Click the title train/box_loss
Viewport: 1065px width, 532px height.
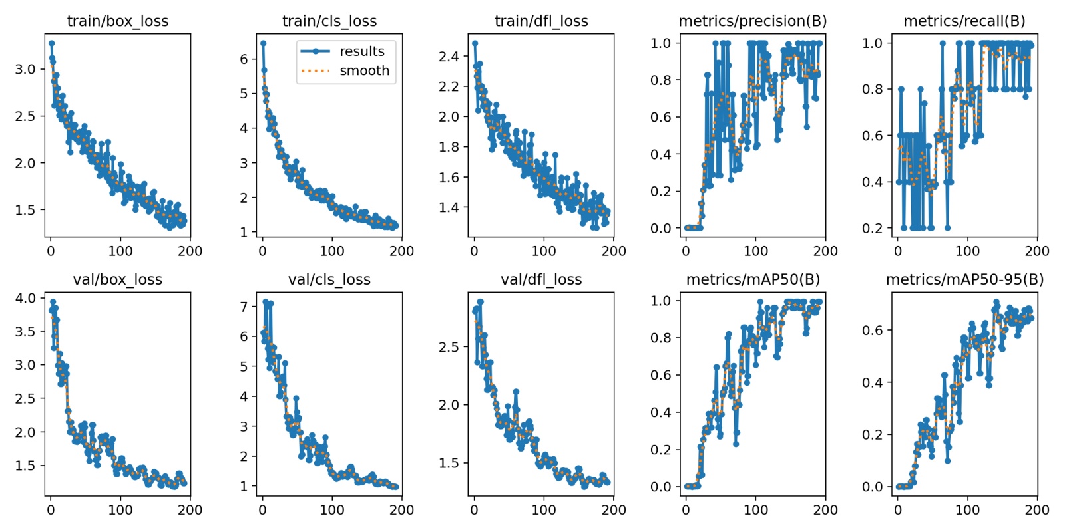coord(118,21)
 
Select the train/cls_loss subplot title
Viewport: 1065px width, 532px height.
coord(329,21)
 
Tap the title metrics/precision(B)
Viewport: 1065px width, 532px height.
coord(753,21)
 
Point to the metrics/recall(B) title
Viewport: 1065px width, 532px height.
coord(964,21)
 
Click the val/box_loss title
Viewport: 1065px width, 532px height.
coord(118,280)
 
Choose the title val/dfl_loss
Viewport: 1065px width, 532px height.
coord(541,280)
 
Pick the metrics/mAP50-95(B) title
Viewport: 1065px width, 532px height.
coord(964,280)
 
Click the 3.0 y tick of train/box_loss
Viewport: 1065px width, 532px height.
coord(25,69)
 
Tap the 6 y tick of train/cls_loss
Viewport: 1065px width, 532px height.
coord(244,59)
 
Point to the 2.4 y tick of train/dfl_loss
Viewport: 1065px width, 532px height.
coord(449,57)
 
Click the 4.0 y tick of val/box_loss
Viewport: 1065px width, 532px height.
coord(25,298)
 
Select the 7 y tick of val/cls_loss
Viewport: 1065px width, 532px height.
coord(244,307)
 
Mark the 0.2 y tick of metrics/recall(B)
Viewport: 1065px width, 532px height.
coord(873,228)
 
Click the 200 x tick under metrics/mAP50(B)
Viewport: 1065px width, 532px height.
coord(825,510)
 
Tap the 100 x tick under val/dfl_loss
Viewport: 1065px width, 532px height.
coord(544,510)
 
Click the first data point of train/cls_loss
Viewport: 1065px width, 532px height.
coord(263,43)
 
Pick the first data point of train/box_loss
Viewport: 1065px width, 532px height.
coord(51,43)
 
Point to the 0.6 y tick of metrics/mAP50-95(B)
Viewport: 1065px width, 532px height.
coord(873,331)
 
